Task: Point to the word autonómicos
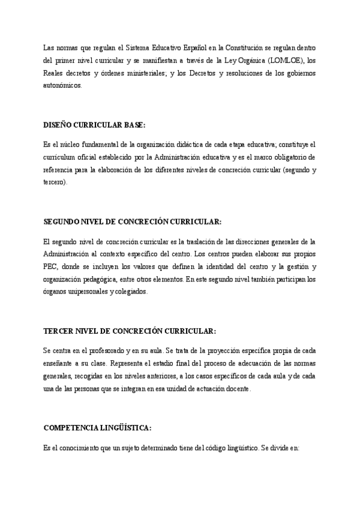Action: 62,85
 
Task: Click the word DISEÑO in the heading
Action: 59,125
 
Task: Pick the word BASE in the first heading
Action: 132,125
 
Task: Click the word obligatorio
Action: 293,157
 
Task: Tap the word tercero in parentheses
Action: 55,182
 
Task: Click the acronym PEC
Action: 52,267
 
